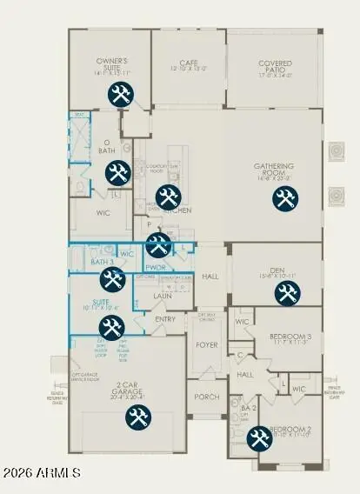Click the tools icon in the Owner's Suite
coord(119,95)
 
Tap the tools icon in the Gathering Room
coord(283,198)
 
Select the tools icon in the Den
coord(286,293)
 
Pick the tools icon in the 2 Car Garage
coord(137,417)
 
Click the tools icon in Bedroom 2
coord(258,440)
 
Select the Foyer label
coord(206,345)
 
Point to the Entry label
coord(165,319)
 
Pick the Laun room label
coord(163,297)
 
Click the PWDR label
coord(157,268)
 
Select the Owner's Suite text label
coord(113,63)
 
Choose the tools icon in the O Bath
coord(117,173)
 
